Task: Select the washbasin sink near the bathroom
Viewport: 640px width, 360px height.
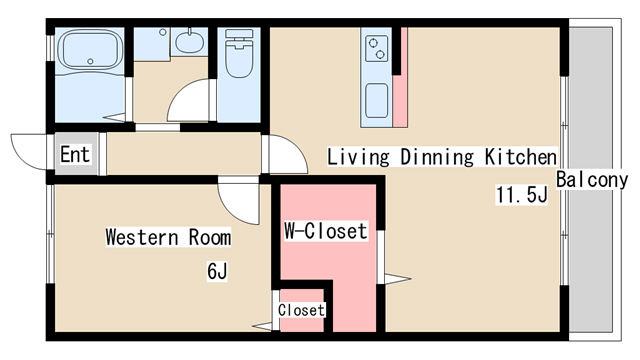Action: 187,42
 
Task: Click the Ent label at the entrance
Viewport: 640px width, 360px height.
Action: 74,155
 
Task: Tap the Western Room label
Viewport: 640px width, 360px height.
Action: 168,238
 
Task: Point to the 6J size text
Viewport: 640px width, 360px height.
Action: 219,270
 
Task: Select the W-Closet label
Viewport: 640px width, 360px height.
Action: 326,232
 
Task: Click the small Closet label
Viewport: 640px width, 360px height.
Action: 301,310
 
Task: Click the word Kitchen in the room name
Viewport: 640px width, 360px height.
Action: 521,157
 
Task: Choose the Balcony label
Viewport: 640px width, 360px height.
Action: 592,181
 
